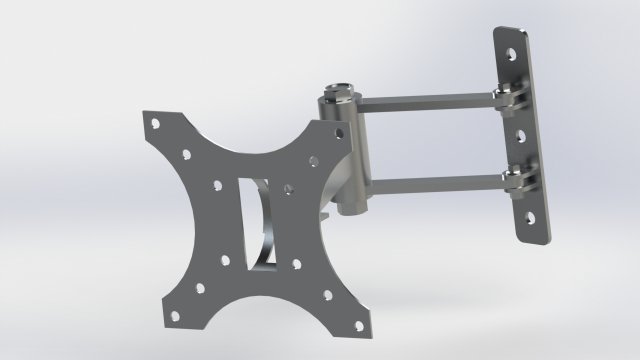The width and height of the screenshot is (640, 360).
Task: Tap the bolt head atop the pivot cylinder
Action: point(339,88)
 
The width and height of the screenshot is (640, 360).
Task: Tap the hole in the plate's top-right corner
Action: point(313,157)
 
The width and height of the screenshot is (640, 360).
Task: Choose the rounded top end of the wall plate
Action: point(513,36)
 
